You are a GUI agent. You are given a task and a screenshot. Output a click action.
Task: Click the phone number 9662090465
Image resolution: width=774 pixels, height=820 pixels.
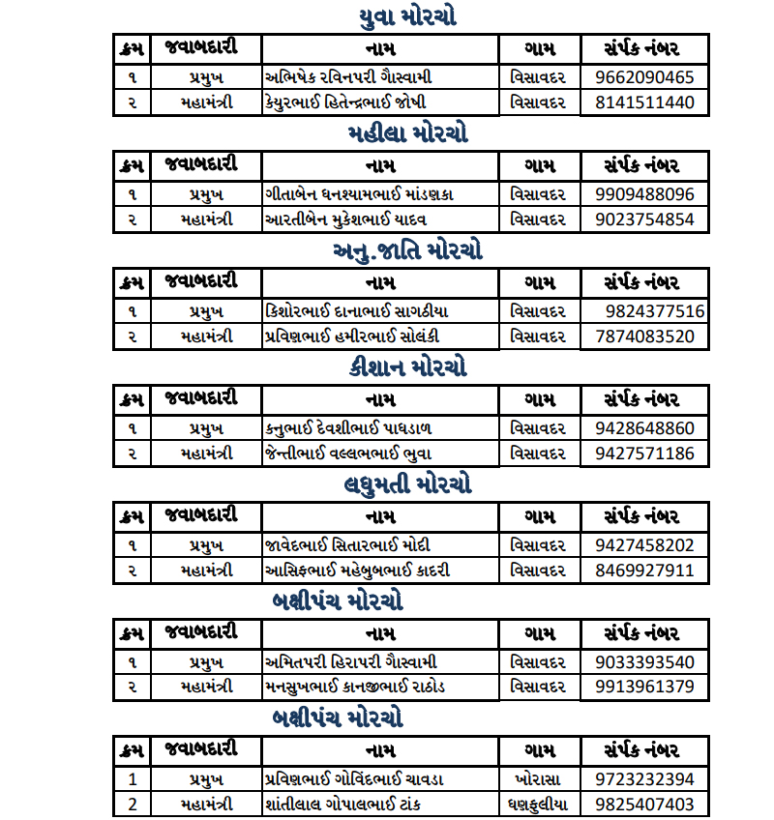tap(644, 77)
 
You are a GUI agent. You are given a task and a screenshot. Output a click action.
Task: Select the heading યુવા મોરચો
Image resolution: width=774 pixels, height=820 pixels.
tap(407, 17)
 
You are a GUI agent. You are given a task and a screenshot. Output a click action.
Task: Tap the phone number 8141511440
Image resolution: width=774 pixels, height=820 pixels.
tap(644, 102)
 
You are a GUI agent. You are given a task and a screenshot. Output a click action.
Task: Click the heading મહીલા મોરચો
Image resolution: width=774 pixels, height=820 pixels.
tap(407, 133)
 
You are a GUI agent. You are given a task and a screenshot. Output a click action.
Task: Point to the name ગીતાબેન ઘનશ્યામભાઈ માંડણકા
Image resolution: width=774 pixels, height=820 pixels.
tap(360, 194)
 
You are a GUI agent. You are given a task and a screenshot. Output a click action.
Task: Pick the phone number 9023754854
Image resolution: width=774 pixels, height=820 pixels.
tap(644, 220)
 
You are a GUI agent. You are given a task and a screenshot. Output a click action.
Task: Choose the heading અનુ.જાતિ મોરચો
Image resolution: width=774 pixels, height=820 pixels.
tap(407, 251)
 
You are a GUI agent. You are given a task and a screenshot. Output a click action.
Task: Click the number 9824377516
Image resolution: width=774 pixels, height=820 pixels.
tap(655, 311)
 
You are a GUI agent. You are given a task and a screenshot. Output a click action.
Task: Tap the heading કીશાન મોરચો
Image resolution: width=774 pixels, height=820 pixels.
tap(407, 367)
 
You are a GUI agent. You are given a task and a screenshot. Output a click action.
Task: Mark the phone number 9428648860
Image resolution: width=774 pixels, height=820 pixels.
tap(644, 428)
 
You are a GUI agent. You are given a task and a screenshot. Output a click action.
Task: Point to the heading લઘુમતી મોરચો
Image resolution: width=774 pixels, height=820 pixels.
tap(407, 484)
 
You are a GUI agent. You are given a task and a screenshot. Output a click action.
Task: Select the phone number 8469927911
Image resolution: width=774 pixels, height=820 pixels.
tap(644, 570)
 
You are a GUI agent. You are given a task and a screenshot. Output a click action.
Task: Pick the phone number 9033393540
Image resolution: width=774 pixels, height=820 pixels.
tap(644, 662)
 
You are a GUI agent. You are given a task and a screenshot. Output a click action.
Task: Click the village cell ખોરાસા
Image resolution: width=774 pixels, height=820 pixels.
tap(538, 779)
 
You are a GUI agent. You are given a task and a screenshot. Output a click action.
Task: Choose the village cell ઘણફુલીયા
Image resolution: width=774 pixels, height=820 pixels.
tap(538, 804)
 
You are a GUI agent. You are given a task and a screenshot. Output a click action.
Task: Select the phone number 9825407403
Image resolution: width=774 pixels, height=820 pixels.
tap(644, 804)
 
